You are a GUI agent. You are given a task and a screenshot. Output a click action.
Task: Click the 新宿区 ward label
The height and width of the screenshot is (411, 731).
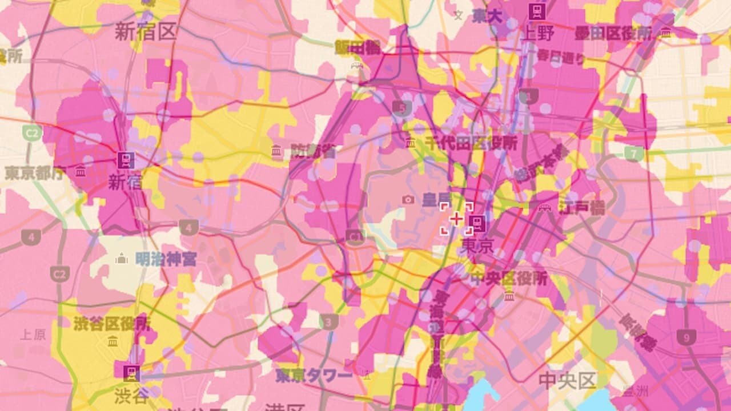pyautogui.click(x=146, y=31)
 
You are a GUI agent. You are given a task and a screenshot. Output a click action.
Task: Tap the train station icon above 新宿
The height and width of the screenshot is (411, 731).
pyautogui.click(x=126, y=160)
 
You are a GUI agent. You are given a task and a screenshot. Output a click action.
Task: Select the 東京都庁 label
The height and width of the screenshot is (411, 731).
pyautogui.click(x=34, y=173)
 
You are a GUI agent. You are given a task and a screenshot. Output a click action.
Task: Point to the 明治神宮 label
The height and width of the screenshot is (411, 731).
pyautogui.click(x=166, y=260)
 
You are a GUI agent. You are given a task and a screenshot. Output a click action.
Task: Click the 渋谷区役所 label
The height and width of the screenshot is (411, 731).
pyautogui.click(x=112, y=324)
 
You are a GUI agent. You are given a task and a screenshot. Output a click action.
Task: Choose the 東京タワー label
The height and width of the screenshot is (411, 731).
pyautogui.click(x=314, y=376)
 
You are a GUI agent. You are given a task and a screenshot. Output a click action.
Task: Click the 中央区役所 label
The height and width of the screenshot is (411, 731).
pyautogui.click(x=508, y=279)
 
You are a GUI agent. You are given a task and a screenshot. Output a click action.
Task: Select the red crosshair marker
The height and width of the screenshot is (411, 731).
pyautogui.click(x=456, y=219)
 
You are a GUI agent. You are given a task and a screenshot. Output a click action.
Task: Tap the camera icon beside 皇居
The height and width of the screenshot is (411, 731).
pyautogui.click(x=408, y=199)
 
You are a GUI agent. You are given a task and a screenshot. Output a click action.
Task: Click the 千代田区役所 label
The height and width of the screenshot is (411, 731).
pyautogui.click(x=470, y=143)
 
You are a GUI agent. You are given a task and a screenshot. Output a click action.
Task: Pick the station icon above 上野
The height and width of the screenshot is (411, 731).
pyautogui.click(x=537, y=11)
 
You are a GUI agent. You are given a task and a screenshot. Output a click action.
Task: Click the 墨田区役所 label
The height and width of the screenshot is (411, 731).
pyautogui.click(x=613, y=33)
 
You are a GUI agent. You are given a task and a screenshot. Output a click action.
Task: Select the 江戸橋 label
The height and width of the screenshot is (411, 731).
pyautogui.click(x=581, y=207)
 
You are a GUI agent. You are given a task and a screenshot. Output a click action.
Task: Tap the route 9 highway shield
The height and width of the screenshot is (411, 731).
pyautogui.click(x=686, y=337)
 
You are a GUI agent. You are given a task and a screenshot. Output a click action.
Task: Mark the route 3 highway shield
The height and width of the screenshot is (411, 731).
pyautogui.click(x=328, y=323)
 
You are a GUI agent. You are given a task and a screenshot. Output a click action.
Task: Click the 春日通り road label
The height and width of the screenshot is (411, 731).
pyautogui.click(x=561, y=57)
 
